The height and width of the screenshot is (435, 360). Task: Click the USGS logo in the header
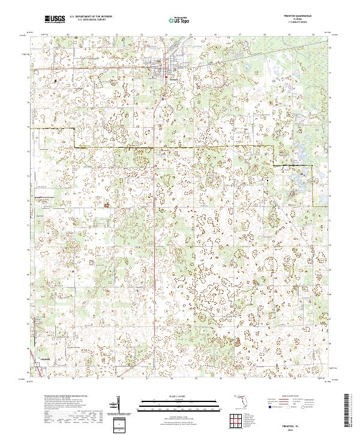pos(55,20)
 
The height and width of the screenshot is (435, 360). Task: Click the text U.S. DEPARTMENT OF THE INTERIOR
pos(89,17)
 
